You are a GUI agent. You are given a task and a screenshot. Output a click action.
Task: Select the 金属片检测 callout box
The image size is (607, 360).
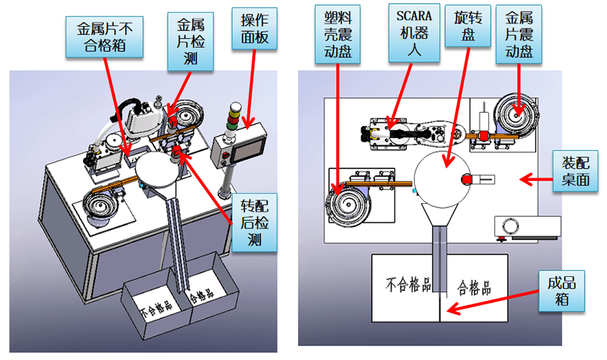pyautogui.click(x=191, y=40)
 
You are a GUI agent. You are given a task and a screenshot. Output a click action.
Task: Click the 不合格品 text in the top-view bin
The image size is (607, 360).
pyautogui.click(x=402, y=282)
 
